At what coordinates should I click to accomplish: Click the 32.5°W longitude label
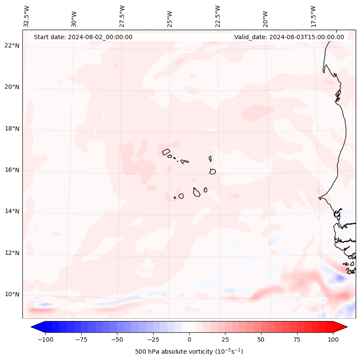point(27,16)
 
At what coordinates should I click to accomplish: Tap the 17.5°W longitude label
point(313,16)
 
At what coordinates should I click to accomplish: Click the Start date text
point(83,37)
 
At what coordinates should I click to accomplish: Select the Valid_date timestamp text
point(289,37)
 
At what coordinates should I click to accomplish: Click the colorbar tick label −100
point(45,340)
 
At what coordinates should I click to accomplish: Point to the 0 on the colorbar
point(189,340)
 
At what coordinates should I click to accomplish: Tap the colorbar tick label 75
point(297,340)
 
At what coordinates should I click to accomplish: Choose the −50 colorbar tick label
point(117,340)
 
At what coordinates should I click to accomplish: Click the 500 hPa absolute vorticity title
point(189,352)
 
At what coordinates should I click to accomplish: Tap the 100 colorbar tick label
point(333,340)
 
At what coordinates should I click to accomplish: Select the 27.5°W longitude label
point(122,16)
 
